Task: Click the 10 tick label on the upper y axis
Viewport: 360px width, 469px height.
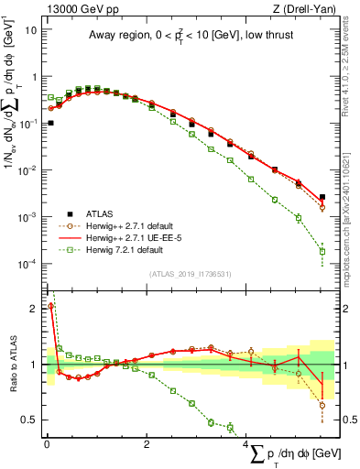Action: click(x=29, y=28)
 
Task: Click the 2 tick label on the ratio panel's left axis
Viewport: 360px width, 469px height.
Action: click(x=34, y=308)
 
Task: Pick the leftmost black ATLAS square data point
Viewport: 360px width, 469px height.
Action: click(x=50, y=123)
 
